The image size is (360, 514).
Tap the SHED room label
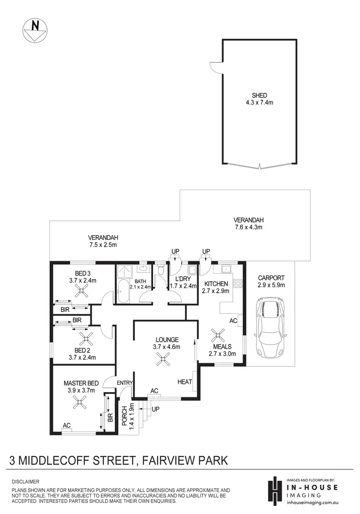(260, 95)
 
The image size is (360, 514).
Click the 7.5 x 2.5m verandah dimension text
(103, 245)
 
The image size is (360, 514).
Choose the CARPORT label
(271, 277)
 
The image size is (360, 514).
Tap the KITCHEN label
(213, 284)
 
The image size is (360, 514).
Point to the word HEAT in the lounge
(184, 382)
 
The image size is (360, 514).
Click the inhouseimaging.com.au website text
(309, 502)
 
